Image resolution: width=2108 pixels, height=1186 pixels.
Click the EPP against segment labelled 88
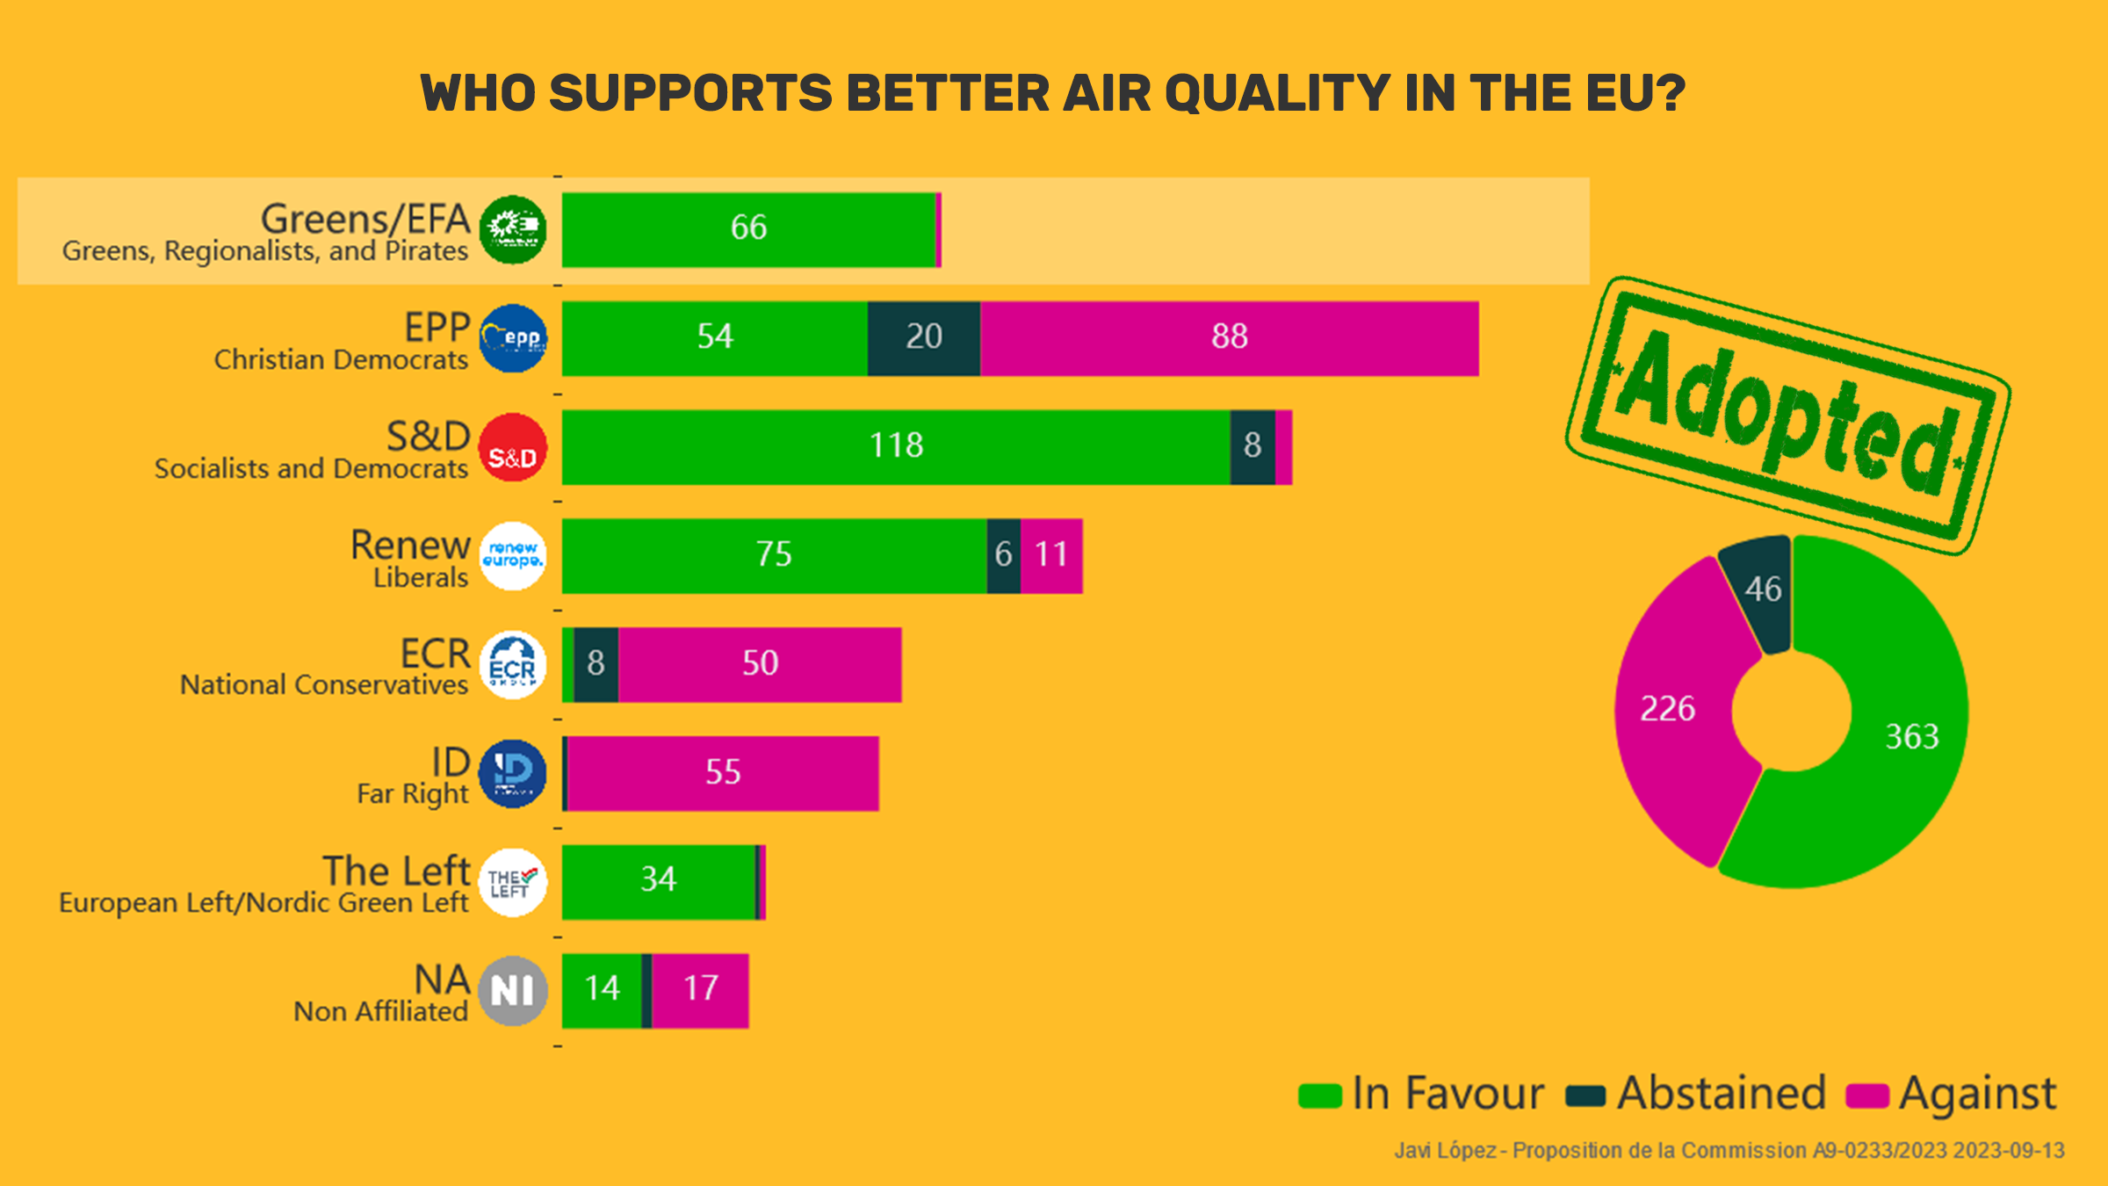(1230, 338)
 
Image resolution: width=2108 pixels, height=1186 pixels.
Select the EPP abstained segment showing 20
(923, 338)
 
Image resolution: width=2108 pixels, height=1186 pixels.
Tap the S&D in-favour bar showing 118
(896, 447)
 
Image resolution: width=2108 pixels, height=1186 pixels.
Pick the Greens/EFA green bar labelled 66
(748, 229)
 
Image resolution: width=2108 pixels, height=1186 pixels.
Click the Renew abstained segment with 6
(1003, 556)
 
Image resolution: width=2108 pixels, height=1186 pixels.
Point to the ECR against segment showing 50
(760, 665)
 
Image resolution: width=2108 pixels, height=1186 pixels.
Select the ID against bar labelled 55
(723, 774)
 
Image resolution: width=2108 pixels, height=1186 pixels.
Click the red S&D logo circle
(513, 447)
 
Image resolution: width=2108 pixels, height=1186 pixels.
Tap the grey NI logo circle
(513, 991)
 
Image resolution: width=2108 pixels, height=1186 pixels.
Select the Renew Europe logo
(513, 556)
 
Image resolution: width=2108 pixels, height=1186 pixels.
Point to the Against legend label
(1977, 1095)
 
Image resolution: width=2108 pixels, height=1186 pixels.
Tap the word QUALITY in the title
(1277, 93)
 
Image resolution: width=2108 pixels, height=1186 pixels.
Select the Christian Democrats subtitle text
(341, 360)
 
